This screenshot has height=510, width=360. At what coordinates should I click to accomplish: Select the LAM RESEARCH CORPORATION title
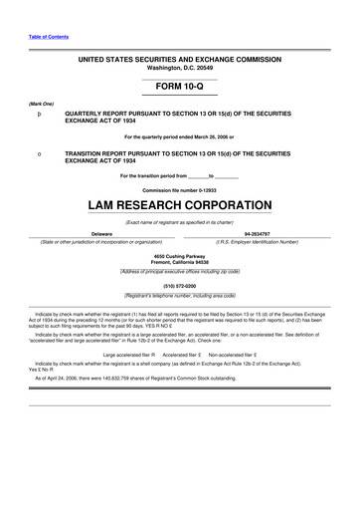179,205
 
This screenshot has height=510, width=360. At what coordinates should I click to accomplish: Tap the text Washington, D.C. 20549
179,69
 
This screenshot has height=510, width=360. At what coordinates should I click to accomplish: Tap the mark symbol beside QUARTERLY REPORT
39,115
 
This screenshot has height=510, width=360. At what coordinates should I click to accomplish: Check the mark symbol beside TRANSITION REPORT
39,154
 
